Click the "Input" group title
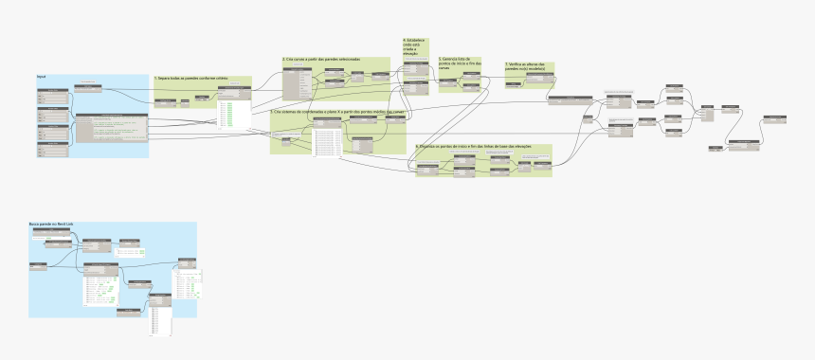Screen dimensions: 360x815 [x=42, y=75]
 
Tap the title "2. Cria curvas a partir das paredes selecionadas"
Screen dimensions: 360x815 [x=321, y=59]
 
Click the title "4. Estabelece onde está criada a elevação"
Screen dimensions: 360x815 [x=415, y=47]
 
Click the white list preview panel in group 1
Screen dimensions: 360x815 [x=233, y=116]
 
